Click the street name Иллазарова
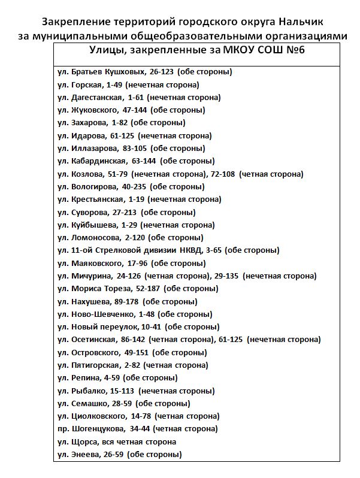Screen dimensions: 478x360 pos(95,148)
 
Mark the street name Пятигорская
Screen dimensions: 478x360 pos(95,365)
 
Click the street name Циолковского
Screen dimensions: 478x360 pos(98,416)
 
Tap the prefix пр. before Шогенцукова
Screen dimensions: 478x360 pos(62,429)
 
